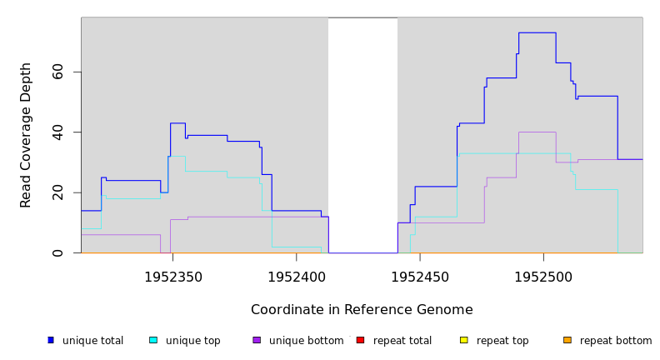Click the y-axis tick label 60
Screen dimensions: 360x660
tap(57, 72)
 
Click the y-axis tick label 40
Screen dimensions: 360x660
tap(57, 132)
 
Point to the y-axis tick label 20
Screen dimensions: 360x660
tap(57, 192)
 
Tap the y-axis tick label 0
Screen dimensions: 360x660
tap(57, 252)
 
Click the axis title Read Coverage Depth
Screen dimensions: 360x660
tap(26, 135)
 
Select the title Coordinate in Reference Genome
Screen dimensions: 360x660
tap(362, 310)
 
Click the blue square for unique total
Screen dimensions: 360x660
tap(51, 340)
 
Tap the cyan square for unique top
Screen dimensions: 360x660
tap(153, 340)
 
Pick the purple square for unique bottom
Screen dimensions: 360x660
tap(257, 340)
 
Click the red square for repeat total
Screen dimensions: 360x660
tap(360, 340)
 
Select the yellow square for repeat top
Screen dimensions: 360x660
tap(463, 340)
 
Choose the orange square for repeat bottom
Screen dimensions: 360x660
tap(567, 340)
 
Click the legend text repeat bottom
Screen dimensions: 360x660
tap(616, 341)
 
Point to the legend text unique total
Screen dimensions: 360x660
tap(92, 341)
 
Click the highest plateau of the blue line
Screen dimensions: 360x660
tap(537, 32)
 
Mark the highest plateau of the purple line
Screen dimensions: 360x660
tap(537, 132)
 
